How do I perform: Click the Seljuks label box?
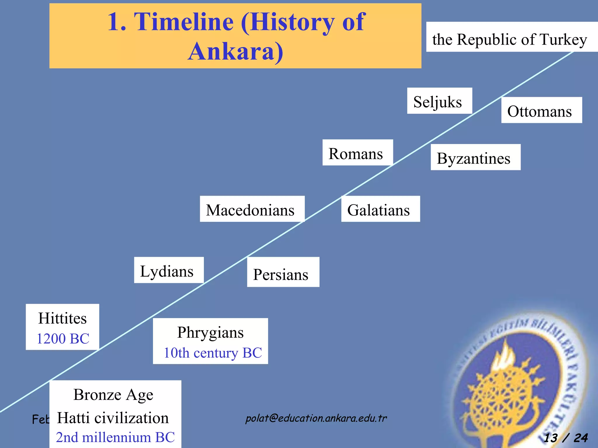click(439, 101)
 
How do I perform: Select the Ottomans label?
click(541, 110)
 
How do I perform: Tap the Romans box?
click(357, 153)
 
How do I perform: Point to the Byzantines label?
click(475, 157)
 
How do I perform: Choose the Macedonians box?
click(252, 209)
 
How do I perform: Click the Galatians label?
click(380, 209)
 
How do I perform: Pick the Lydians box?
click(168, 270)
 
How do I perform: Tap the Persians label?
click(283, 272)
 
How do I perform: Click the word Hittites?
click(62, 318)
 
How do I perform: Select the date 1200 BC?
click(62, 338)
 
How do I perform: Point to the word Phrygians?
click(210, 332)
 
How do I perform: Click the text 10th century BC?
click(213, 353)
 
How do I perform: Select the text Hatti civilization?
click(113, 418)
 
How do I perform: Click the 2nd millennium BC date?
click(115, 437)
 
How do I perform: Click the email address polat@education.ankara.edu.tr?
click(316, 418)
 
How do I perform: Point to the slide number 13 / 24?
click(566, 437)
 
